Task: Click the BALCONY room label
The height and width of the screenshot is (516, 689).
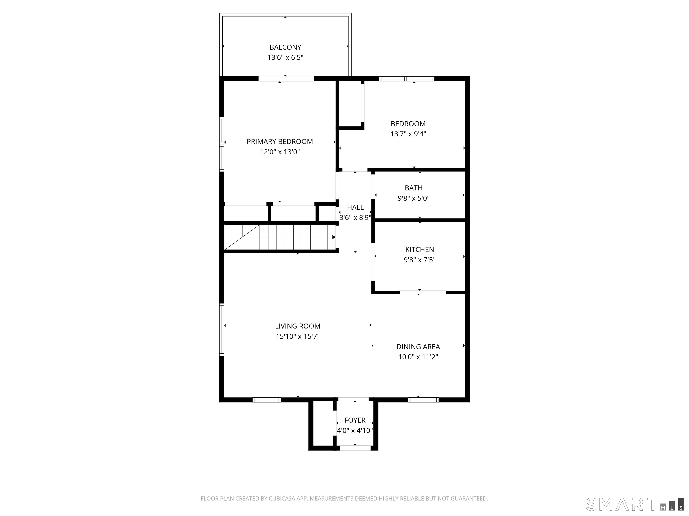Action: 285,47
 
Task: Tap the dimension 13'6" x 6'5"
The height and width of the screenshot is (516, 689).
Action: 285,58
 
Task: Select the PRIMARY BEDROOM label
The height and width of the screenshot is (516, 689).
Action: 280,142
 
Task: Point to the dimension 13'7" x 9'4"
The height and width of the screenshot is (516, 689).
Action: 408,134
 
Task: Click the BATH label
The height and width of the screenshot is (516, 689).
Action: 413,188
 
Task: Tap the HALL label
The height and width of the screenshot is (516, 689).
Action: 355,207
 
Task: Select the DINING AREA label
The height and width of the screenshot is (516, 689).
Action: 418,346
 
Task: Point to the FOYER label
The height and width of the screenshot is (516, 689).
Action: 355,420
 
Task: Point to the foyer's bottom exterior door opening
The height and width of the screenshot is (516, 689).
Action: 355,448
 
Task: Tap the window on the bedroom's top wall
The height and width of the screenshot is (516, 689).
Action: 406,79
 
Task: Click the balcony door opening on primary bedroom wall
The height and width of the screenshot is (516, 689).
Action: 286,79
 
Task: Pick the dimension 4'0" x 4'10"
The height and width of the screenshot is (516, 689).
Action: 355,430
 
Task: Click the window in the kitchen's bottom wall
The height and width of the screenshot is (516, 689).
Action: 422,292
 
